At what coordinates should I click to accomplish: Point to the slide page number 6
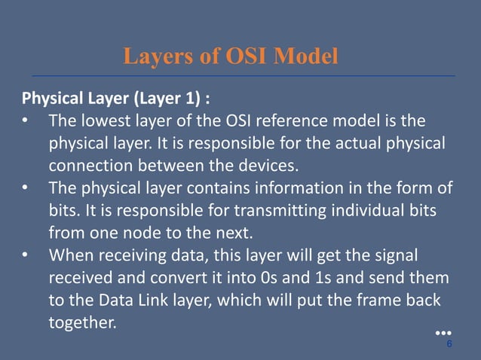tap(449, 343)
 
